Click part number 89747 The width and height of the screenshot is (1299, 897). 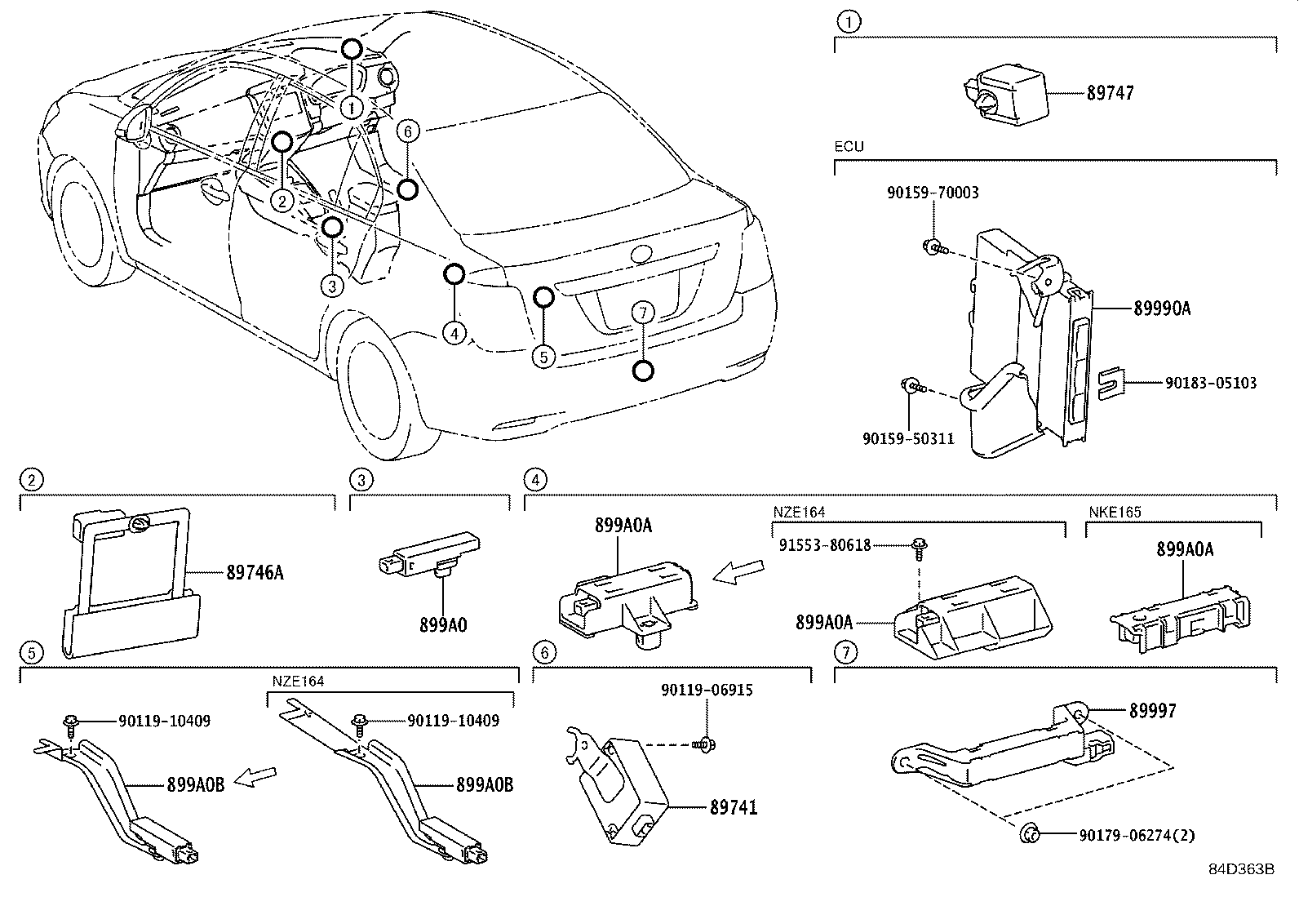click(x=1110, y=93)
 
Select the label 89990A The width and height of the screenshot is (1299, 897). click(x=1161, y=309)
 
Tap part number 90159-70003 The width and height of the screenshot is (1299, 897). click(x=933, y=193)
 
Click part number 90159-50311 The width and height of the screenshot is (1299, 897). click(x=908, y=438)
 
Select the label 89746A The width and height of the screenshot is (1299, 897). click(x=255, y=572)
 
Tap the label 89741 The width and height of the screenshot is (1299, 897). click(x=733, y=807)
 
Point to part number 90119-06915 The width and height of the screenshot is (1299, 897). click(x=707, y=691)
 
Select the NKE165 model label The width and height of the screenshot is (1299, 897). click(x=1115, y=513)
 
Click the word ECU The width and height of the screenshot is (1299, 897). click(x=849, y=147)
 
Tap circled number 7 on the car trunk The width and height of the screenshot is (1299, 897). click(x=643, y=312)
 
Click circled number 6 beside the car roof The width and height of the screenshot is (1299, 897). click(x=409, y=131)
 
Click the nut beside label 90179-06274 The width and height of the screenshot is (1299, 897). click(x=1030, y=833)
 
